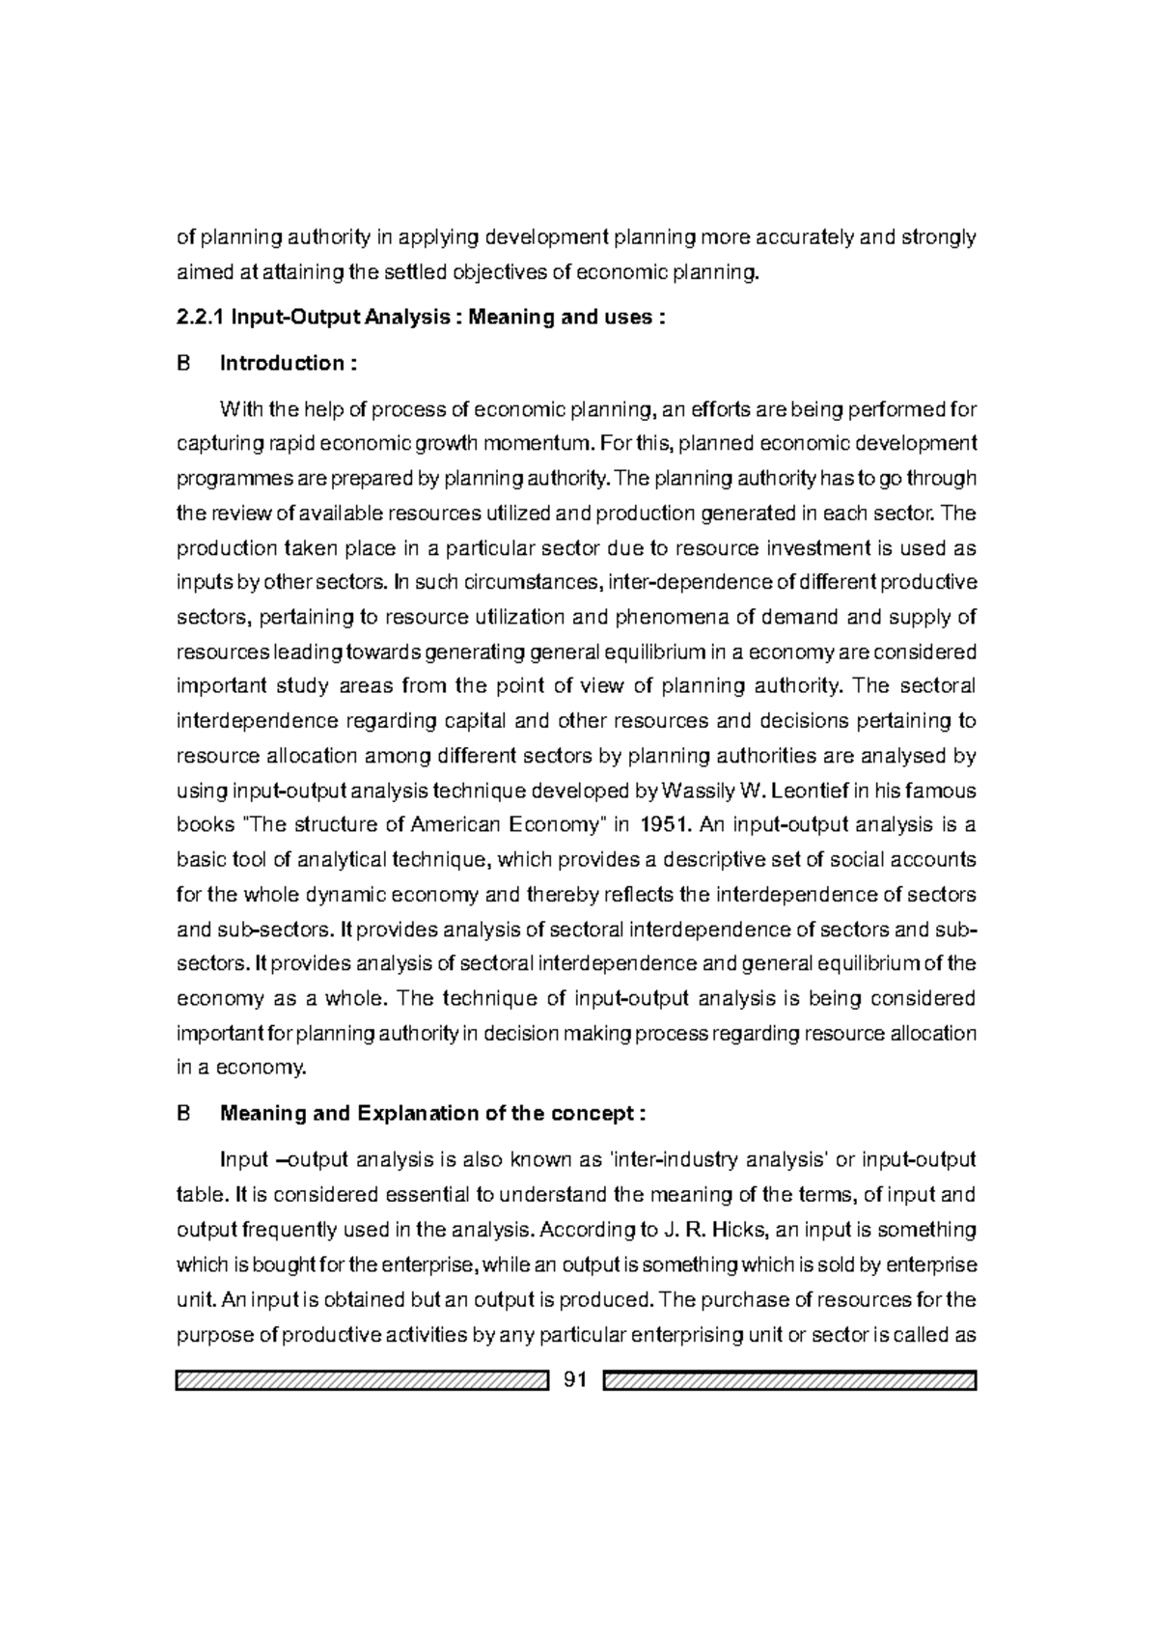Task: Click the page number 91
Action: (x=574, y=1380)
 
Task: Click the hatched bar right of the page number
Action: (x=789, y=1380)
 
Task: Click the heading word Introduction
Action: (x=281, y=364)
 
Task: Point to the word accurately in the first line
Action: (x=795, y=237)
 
